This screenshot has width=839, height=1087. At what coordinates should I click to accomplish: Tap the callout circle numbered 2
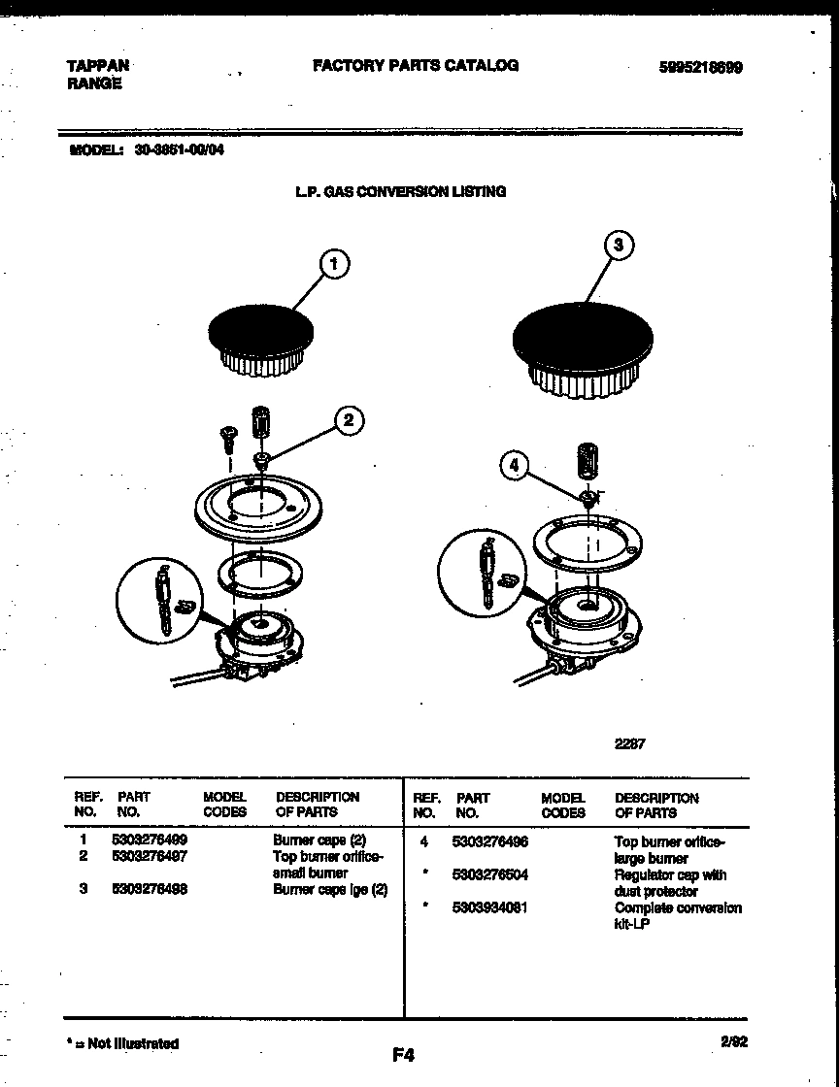coord(350,420)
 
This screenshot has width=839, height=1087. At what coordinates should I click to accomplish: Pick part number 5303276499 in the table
coord(151,840)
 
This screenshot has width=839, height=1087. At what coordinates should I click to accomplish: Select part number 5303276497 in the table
coord(151,856)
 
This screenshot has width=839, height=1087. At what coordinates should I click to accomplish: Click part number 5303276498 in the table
coord(151,889)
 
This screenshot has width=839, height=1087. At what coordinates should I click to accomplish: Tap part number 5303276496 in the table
coord(489,841)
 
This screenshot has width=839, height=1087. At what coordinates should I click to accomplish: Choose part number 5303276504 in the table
coord(489,874)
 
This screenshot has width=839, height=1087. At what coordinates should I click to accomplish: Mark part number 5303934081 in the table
coord(489,908)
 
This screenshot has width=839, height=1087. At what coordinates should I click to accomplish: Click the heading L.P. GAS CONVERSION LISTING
coord(400,192)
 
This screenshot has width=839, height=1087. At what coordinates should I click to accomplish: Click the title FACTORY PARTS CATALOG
coord(415,66)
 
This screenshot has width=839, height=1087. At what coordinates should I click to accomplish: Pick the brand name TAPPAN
coord(97,66)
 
